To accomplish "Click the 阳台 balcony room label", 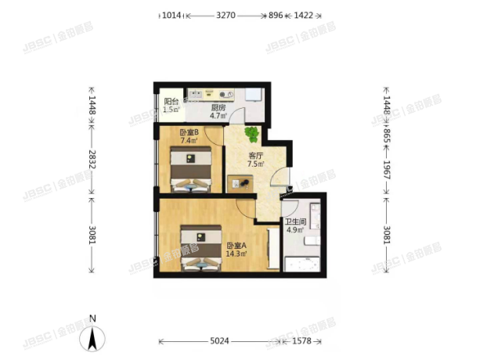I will tap(169, 102).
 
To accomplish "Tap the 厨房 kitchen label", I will tap(218, 108).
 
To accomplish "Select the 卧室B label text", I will tap(188, 132).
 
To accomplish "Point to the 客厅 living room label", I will tap(255, 155).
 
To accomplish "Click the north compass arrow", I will tap(93, 337).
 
